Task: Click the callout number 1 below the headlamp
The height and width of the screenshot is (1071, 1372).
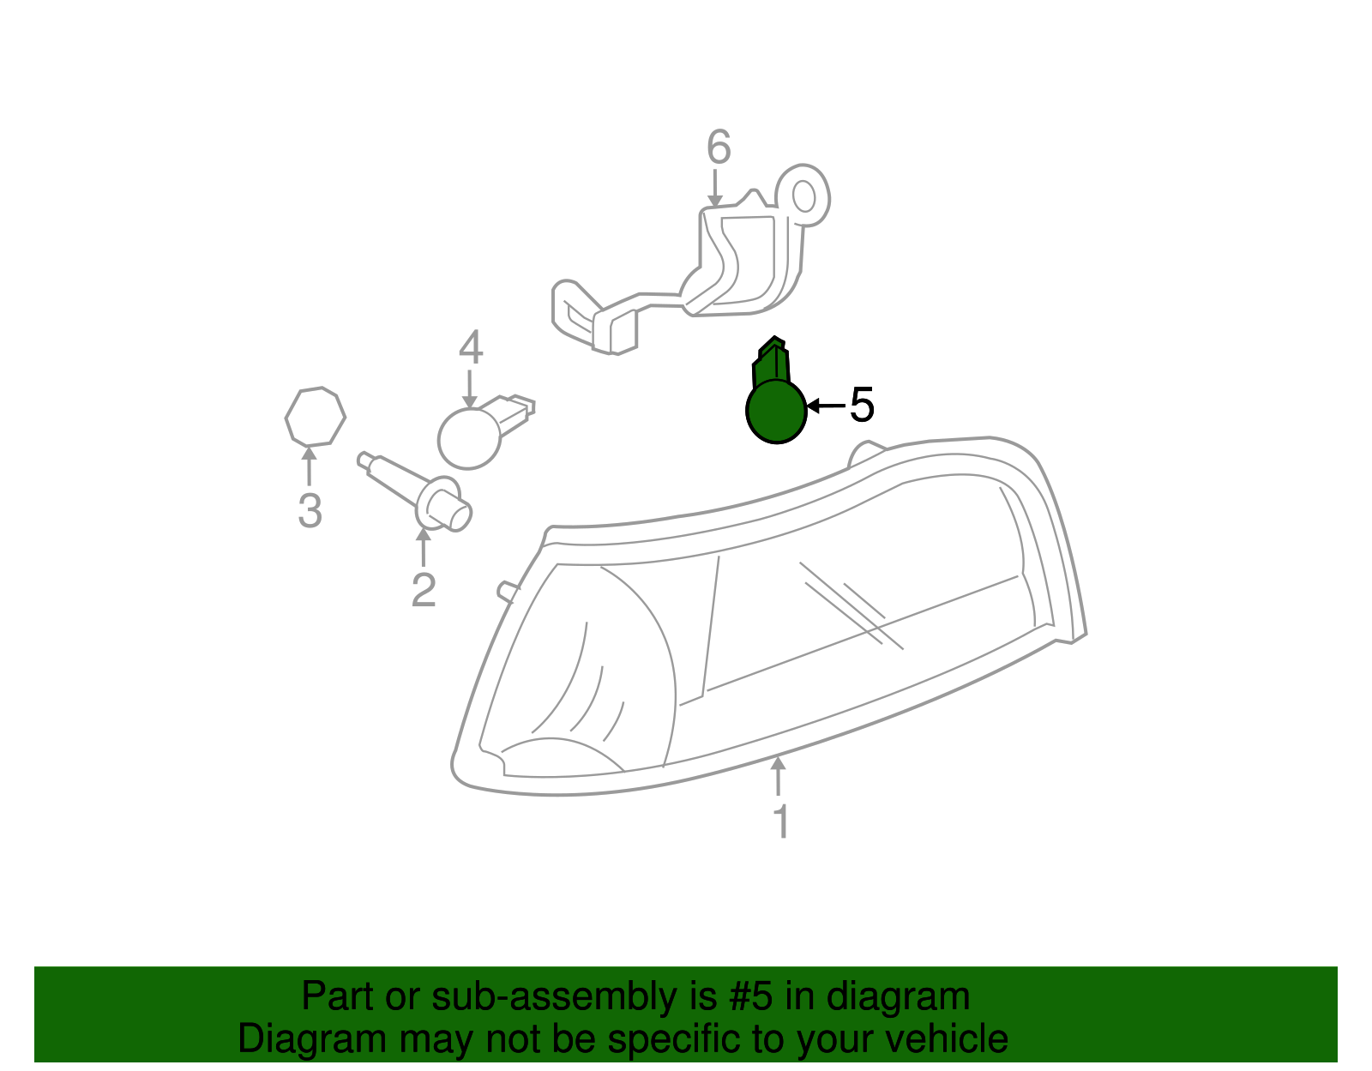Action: tap(780, 821)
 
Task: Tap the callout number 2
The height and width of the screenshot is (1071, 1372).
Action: tap(424, 590)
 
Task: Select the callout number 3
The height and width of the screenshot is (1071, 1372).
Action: tap(310, 511)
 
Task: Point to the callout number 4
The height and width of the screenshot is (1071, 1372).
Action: tap(471, 349)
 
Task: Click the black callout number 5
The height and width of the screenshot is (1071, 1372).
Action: tap(862, 405)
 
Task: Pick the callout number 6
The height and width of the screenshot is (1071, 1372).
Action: tap(719, 147)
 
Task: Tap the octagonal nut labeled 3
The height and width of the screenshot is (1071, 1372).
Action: tap(315, 417)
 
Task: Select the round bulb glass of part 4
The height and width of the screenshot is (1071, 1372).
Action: tap(468, 438)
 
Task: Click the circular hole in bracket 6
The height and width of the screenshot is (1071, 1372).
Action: tap(804, 196)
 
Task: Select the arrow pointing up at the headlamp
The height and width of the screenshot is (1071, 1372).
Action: tap(778, 776)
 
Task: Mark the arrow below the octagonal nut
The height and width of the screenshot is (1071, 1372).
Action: tap(308, 467)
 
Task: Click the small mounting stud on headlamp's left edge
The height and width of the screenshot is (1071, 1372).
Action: tap(506, 591)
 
